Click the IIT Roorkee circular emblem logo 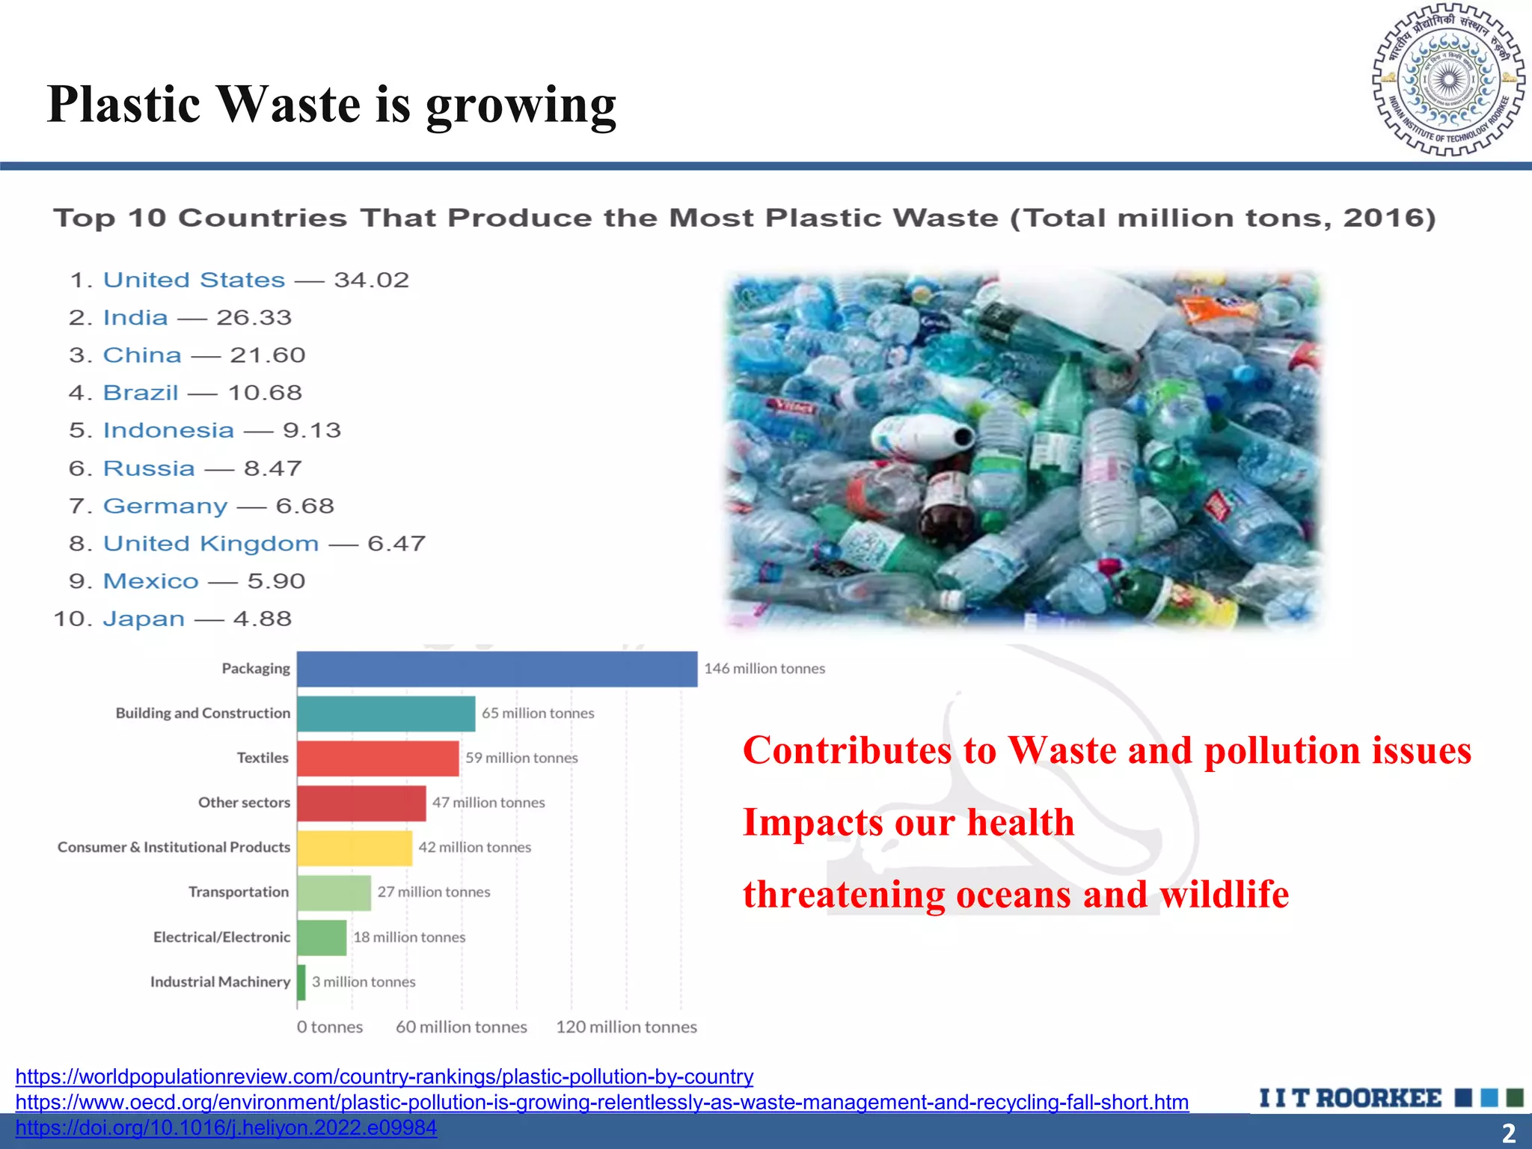pyautogui.click(x=1448, y=80)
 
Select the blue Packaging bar pyautogui.click(x=497, y=669)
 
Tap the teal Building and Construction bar pyautogui.click(x=386, y=714)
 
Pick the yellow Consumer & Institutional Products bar pyautogui.click(x=355, y=848)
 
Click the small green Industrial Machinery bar pyautogui.click(x=301, y=982)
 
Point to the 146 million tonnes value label pyautogui.click(x=765, y=669)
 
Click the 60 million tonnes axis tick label pyautogui.click(x=461, y=1027)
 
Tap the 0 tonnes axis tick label pyautogui.click(x=329, y=1027)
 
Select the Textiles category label pyautogui.click(x=263, y=758)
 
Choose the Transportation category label pyautogui.click(x=239, y=892)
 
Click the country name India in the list pyautogui.click(x=135, y=318)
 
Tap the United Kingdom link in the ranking pyautogui.click(x=211, y=544)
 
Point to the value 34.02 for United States pyautogui.click(x=372, y=281)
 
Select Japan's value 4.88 pyautogui.click(x=263, y=619)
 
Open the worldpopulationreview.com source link pyautogui.click(x=384, y=1076)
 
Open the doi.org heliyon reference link pyautogui.click(x=226, y=1127)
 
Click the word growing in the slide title pyautogui.click(x=521, y=105)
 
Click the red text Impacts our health pyautogui.click(x=908, y=822)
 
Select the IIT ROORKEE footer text pyautogui.click(x=1350, y=1098)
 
